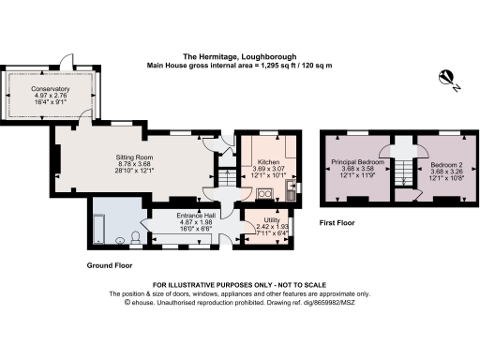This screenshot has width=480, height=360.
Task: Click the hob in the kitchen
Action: [265, 194]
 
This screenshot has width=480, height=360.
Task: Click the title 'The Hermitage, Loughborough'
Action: [239, 56]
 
